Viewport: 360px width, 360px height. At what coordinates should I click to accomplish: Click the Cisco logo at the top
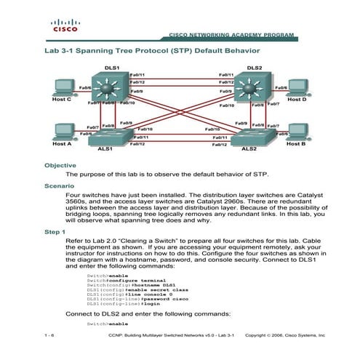63,28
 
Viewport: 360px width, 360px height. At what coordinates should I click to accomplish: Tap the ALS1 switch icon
106,136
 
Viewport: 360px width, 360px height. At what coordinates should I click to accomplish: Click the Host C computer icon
63,87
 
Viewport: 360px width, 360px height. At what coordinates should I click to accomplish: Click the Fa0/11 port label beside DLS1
137,75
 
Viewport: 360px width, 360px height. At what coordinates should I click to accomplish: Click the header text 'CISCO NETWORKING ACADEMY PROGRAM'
231,34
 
